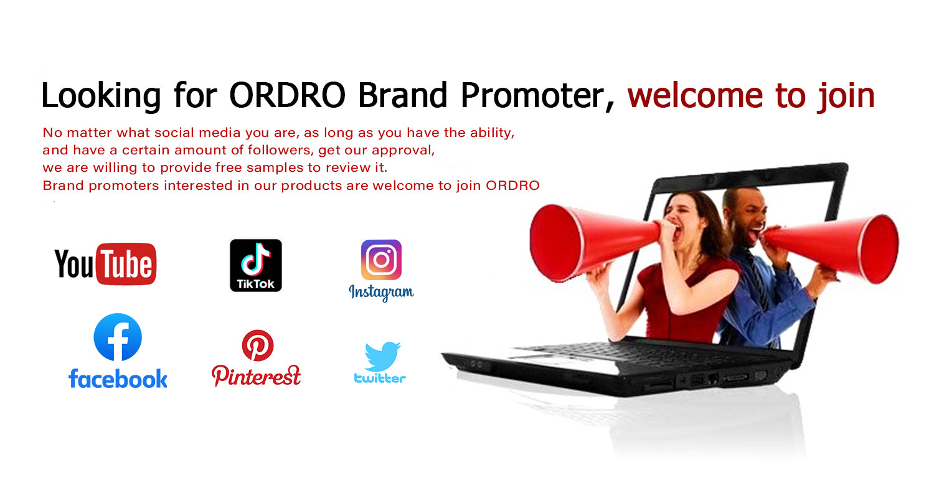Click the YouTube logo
click(x=105, y=264)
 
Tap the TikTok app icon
click(x=256, y=265)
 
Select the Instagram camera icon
click(x=381, y=260)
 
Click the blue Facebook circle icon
click(x=118, y=337)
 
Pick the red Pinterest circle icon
click(x=258, y=345)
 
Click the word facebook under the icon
click(x=118, y=378)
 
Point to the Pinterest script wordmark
click(x=256, y=375)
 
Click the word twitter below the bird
click(x=380, y=378)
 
